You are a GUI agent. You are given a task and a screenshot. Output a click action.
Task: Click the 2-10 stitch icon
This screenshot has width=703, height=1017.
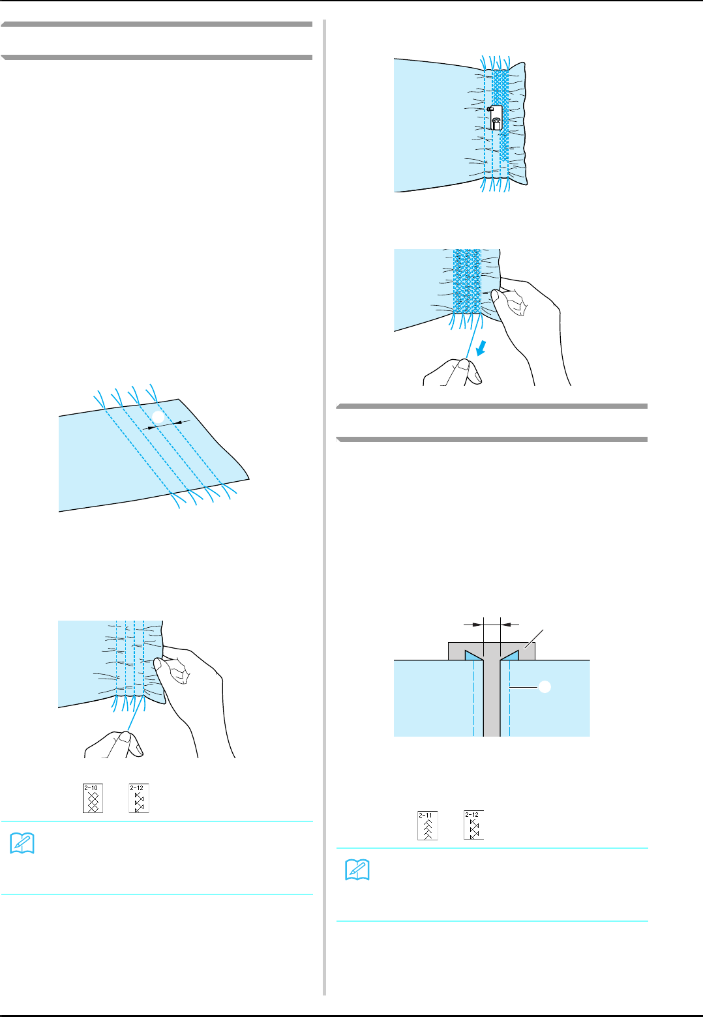point(93,798)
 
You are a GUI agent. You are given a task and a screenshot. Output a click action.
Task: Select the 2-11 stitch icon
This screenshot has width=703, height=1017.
point(428,825)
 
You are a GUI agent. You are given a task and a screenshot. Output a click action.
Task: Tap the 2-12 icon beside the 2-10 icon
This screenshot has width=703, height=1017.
point(139,798)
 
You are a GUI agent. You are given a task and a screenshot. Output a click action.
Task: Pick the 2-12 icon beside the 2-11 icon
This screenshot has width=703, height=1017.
point(474,825)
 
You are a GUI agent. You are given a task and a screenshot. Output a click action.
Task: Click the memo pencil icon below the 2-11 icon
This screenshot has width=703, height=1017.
point(357,870)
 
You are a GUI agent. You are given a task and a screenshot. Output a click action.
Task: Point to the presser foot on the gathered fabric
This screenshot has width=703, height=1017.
point(495,117)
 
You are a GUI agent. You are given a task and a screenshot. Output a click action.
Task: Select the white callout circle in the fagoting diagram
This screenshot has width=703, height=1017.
point(545,686)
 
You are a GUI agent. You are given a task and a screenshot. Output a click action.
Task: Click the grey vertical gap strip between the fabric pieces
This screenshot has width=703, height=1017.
point(491,698)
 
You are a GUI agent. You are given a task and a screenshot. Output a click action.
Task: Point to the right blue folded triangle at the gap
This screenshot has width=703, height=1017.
point(509,655)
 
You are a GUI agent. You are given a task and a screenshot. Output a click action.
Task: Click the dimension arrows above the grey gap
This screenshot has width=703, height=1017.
point(491,625)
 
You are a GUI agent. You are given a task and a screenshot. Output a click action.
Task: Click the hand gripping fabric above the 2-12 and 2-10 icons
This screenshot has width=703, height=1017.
point(192,685)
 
